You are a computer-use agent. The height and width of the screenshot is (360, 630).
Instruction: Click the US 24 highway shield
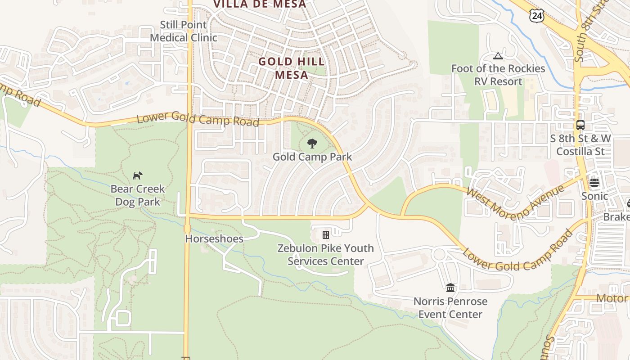point(537,16)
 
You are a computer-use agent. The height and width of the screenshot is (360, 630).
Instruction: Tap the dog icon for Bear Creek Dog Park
point(138,175)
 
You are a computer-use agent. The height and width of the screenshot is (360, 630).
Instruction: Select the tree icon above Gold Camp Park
point(312,144)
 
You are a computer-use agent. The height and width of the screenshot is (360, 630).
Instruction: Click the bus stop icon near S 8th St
point(580,125)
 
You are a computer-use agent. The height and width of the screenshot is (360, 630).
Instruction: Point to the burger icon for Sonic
point(594,182)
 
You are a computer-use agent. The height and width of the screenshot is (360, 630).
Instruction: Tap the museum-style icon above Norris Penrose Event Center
point(450,288)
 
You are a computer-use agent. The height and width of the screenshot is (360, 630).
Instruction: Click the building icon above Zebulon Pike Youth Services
point(325,234)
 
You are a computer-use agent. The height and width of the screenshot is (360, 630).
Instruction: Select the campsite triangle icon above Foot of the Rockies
point(498,56)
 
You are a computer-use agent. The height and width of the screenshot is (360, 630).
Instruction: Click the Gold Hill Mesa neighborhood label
point(291,68)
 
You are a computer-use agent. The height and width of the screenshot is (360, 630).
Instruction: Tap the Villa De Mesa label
point(259,4)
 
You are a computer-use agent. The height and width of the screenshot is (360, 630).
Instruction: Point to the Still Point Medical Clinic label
point(184,31)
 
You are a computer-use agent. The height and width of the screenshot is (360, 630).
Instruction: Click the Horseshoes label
point(214,238)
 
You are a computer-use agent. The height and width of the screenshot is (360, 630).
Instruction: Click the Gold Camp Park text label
point(312,157)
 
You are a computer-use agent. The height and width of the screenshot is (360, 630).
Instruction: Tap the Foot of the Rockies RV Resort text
point(498,75)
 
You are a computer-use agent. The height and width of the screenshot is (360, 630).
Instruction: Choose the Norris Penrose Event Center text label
point(450,308)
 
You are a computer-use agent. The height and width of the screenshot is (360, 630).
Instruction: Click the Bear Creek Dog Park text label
point(138,195)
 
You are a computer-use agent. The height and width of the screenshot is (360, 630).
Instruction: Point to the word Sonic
point(594,196)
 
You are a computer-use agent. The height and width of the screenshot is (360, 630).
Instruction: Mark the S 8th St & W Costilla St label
point(580,144)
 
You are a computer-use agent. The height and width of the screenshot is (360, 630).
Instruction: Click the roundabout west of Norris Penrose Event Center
point(439,254)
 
